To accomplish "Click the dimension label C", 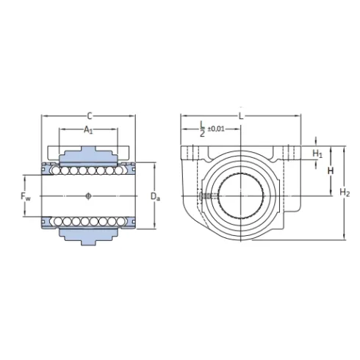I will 89,115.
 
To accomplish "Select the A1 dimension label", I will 88,130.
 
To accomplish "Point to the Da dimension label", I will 154,196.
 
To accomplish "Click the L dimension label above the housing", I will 240,115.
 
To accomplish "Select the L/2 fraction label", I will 202,129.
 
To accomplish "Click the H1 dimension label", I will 318,154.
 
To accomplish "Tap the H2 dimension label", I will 345,192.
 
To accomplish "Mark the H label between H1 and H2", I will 330,170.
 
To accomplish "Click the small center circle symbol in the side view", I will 88,195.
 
